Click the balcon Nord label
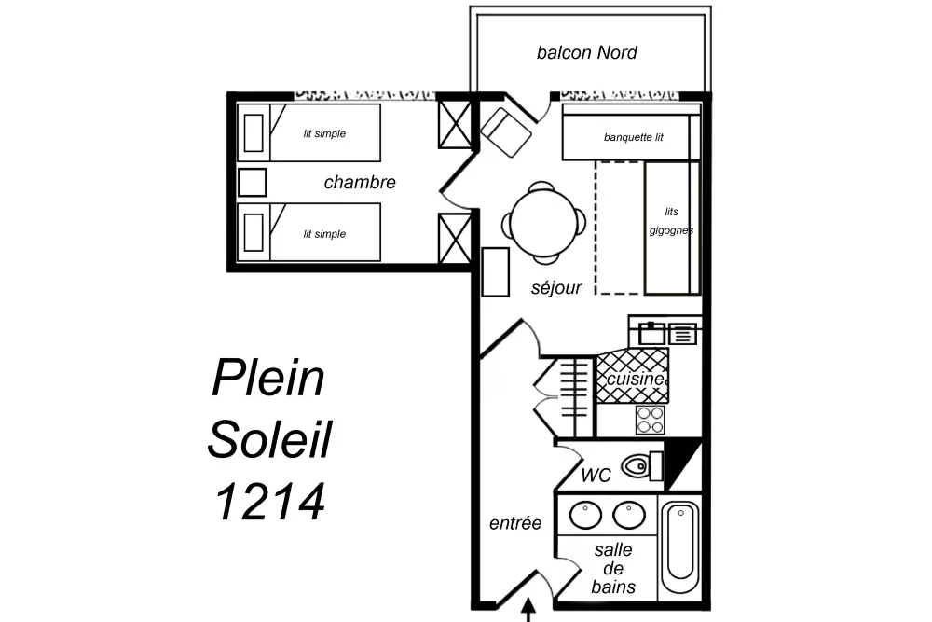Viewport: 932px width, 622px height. point(586,52)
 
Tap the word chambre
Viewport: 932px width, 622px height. point(360,183)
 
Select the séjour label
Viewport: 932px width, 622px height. point(556,288)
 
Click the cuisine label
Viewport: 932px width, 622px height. point(635,380)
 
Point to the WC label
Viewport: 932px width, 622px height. point(596,476)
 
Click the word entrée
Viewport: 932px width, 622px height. point(515,524)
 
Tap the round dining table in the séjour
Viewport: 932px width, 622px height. point(545,222)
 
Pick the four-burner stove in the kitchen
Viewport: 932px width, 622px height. point(651,420)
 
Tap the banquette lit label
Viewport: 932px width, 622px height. point(633,138)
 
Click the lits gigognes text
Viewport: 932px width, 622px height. point(671,221)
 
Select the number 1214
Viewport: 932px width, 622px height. point(270,501)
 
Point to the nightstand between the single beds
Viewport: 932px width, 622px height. point(253,182)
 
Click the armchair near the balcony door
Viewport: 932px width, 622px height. point(507,131)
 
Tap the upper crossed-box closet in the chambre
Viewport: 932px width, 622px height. point(455,123)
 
